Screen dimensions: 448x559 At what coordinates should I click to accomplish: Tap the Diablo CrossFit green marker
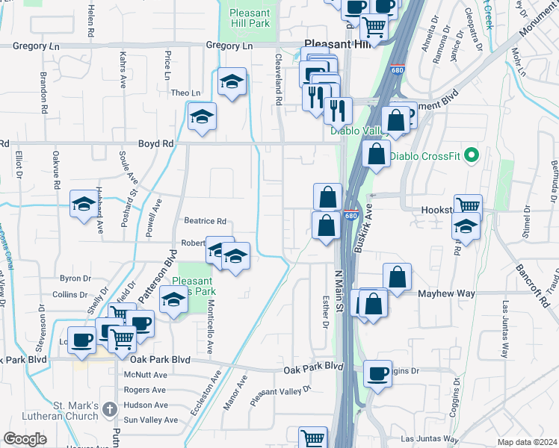[471, 156]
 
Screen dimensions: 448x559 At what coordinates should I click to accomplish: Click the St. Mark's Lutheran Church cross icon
[109, 409]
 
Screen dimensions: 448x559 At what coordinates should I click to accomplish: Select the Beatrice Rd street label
[205, 222]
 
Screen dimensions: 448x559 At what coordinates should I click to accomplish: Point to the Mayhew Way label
[447, 293]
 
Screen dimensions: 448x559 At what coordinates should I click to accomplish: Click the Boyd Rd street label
[155, 143]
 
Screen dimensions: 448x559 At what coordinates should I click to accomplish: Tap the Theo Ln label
[186, 93]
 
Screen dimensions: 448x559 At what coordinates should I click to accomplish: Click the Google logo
[25, 439]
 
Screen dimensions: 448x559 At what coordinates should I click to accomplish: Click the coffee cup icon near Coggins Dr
[378, 373]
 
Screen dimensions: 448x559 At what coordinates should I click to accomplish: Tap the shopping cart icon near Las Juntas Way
[313, 438]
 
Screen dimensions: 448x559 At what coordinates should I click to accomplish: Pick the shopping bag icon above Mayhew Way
[398, 276]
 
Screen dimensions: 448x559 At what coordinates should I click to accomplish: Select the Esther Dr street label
[325, 314]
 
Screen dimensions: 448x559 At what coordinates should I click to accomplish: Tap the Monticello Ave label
[210, 329]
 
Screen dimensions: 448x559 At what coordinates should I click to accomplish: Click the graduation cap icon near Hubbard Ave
[83, 204]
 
